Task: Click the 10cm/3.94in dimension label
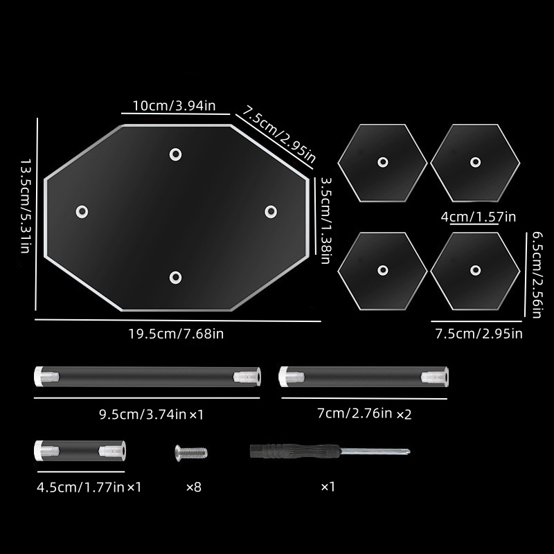(x=174, y=106)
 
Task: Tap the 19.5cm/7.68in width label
(x=176, y=334)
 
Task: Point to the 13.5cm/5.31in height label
(x=25, y=206)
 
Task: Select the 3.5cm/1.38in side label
(x=325, y=220)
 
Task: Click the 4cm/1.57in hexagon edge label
(x=479, y=217)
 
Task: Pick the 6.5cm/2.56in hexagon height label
(x=537, y=275)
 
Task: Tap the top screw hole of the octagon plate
(x=176, y=154)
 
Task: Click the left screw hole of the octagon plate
(x=82, y=212)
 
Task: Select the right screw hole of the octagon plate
(x=271, y=212)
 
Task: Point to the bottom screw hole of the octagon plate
(x=176, y=278)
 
